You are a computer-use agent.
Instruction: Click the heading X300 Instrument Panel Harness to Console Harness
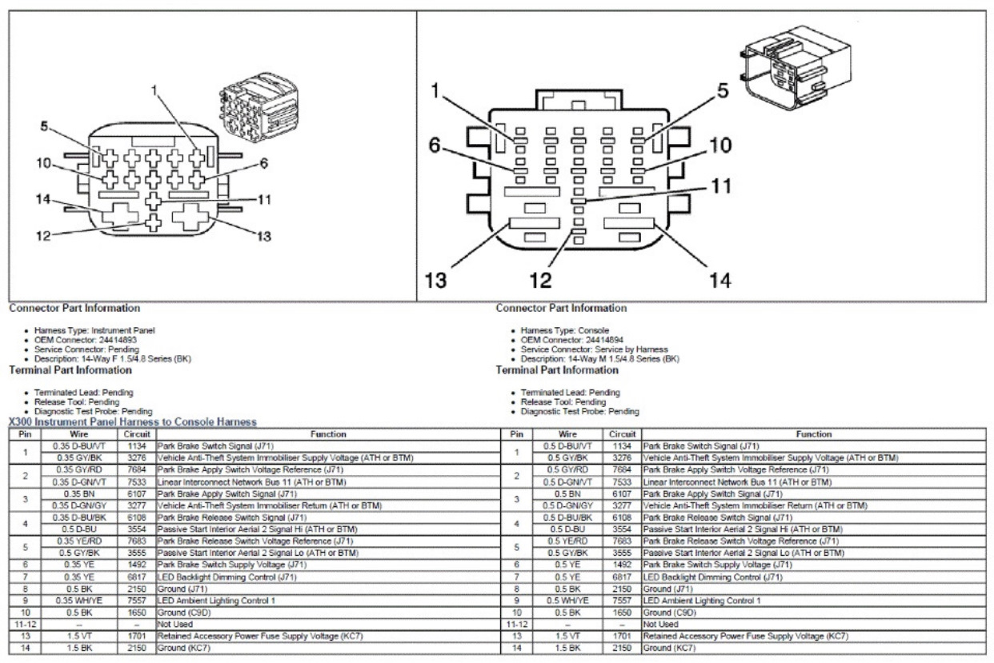tap(131, 421)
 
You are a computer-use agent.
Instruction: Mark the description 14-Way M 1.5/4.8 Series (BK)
tap(631, 359)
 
